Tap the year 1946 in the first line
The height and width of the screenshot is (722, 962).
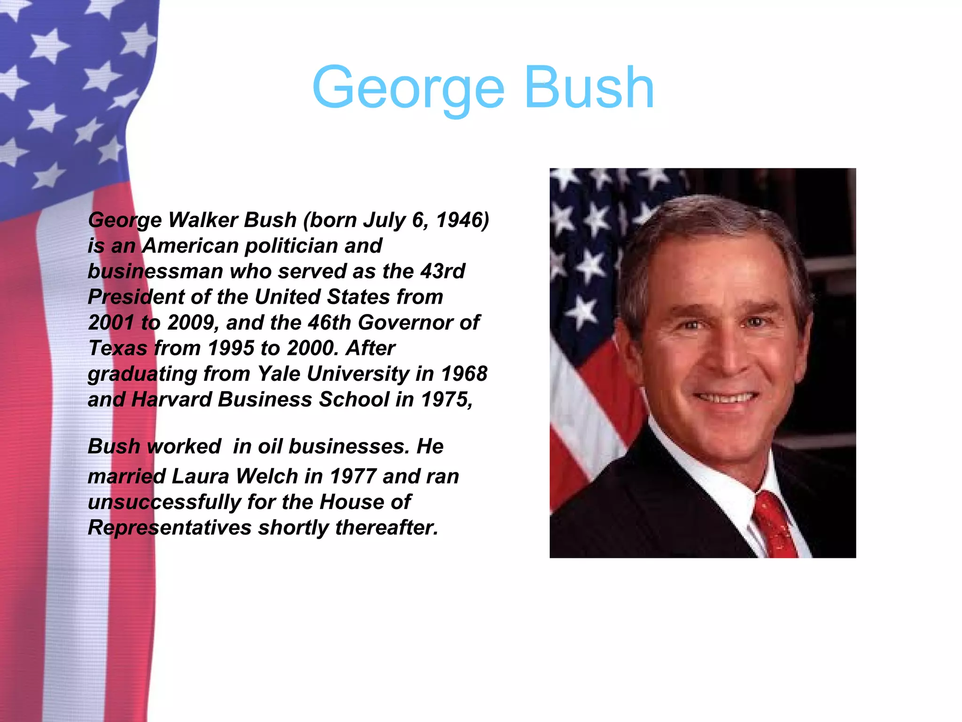pyautogui.click(x=463, y=220)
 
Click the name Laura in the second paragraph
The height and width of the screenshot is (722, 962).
pyautogui.click(x=200, y=476)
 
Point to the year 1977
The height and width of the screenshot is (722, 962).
pyautogui.click(x=353, y=476)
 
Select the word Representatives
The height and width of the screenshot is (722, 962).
pyautogui.click(x=169, y=528)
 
